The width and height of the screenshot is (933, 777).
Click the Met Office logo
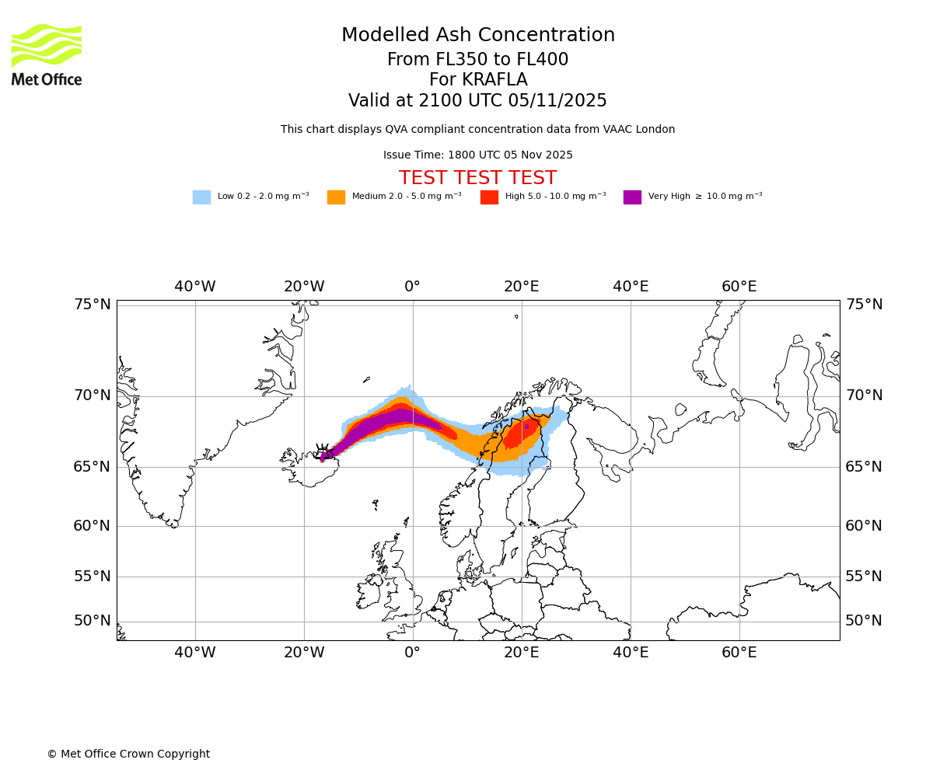47,54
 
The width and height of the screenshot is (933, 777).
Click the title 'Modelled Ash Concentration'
477,36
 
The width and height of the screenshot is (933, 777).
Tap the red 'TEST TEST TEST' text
477,179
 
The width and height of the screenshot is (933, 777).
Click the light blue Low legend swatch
201,197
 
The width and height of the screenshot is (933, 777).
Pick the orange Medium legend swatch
336,197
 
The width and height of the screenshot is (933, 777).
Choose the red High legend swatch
489,197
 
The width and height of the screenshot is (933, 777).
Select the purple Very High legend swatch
632,197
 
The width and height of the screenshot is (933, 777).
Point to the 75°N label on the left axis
93,305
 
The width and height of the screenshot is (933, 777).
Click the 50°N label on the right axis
864,621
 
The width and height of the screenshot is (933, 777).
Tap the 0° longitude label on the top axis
412,287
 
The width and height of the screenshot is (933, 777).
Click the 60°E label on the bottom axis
739,653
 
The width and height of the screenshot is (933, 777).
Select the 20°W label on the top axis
303,287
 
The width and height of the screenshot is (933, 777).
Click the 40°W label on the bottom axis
194,653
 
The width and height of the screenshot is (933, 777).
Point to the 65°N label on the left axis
93,467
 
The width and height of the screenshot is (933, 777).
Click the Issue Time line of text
477,155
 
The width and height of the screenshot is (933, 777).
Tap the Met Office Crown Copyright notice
128,754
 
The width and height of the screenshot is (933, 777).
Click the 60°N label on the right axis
864,526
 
